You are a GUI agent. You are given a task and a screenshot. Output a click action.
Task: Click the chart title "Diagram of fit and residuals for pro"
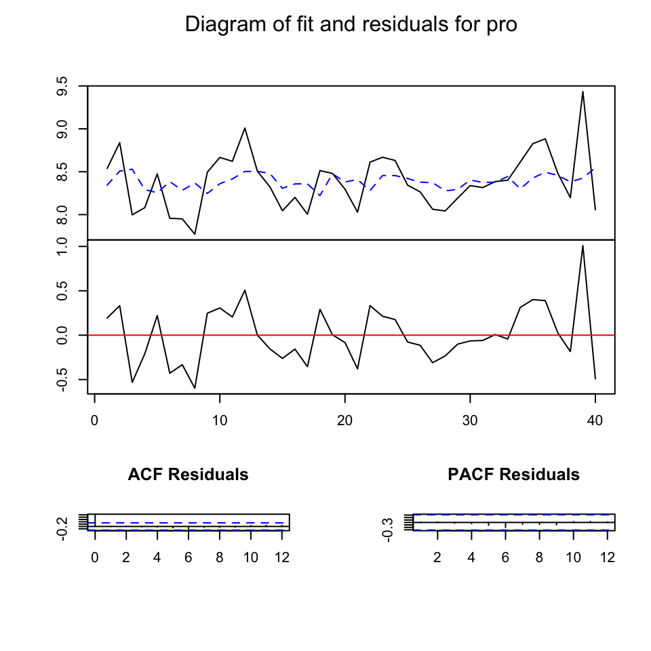pos(351,25)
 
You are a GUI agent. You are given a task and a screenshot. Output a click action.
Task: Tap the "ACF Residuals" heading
pos(188,475)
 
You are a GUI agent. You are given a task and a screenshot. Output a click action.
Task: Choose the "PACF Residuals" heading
pos(513,475)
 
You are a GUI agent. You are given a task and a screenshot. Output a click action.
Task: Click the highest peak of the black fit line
pos(583,92)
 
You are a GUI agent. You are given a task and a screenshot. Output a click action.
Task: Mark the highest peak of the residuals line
pos(583,245)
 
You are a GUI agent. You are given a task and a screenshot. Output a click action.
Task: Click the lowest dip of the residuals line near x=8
pos(195,388)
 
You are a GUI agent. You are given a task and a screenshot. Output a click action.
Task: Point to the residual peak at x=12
pos(245,290)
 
